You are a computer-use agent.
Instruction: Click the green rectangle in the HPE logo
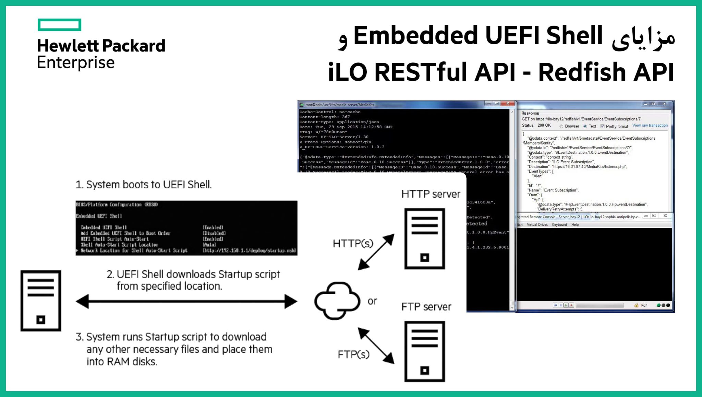59,25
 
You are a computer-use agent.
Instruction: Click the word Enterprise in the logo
75,63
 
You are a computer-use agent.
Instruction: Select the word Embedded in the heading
415,36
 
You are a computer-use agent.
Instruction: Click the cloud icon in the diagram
337,301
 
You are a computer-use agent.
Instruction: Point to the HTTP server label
431,194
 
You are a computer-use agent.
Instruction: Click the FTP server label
426,307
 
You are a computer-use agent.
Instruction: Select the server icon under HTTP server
424,239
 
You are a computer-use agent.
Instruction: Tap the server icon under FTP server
424,351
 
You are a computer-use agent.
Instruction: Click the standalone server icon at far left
41,301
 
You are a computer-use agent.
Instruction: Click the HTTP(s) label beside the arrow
353,244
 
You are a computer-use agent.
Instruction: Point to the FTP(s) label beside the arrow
353,354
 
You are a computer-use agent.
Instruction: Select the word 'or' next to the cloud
372,301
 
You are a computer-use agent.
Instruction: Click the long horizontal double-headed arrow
186,301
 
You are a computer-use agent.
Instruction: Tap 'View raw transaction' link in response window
650,126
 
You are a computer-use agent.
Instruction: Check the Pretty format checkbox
602,126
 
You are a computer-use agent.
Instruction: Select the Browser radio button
561,126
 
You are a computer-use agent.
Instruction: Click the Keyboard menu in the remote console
559,225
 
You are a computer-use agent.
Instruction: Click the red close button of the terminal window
508,104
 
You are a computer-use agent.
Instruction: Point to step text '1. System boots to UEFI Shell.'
143,185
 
